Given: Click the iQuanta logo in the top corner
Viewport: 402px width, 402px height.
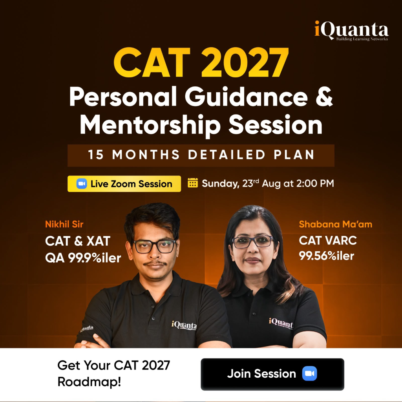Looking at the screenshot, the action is (x=351, y=31).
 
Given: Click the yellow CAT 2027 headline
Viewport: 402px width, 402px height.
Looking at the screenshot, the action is (x=201, y=62).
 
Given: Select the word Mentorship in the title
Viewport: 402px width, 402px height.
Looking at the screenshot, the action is (x=150, y=125).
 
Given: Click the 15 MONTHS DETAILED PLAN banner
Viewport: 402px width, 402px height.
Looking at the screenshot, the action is (x=201, y=155).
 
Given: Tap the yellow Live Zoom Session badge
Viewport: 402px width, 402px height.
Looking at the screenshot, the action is (x=124, y=184).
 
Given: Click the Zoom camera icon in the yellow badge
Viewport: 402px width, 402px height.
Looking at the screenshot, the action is (x=82, y=184).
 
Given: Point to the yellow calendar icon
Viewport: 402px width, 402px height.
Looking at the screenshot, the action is (x=193, y=183).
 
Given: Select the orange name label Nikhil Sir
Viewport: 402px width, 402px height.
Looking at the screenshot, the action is (x=64, y=224).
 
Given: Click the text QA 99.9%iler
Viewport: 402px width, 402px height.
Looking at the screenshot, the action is (x=83, y=258).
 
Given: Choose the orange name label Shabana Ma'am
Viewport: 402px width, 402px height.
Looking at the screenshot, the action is (x=335, y=224).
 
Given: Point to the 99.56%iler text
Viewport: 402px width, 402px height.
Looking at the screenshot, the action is (x=326, y=256).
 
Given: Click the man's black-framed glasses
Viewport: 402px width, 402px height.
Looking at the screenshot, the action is (x=155, y=246).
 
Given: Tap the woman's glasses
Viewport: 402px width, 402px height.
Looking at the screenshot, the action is (x=252, y=242).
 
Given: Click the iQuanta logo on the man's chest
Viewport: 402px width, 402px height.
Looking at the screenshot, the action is (x=185, y=325).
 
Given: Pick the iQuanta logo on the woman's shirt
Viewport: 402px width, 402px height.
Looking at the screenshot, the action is (x=281, y=323).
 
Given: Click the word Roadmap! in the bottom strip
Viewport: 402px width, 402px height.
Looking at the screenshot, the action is (x=89, y=382).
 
